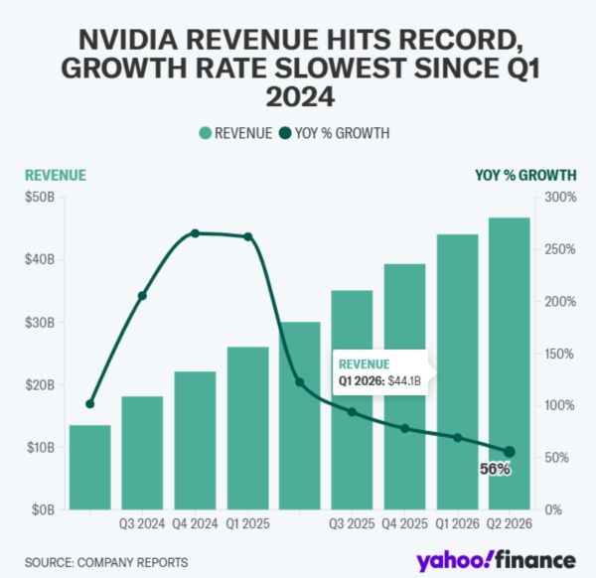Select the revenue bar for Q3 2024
[x=142, y=453]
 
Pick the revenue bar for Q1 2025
[x=247, y=428]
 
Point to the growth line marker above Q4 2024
[x=195, y=233]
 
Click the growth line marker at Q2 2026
[x=510, y=452]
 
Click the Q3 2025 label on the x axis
[x=352, y=523]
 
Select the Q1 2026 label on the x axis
[x=457, y=523]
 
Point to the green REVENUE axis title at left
[x=56, y=175]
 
